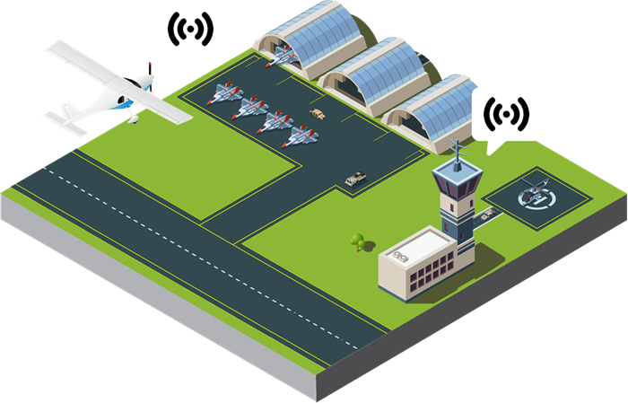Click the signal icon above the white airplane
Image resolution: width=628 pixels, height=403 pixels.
pyautogui.click(x=190, y=31)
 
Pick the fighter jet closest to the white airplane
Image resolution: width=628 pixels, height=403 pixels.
pyautogui.click(x=223, y=93)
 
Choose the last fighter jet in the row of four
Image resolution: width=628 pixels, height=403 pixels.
pyautogui.click(x=300, y=136)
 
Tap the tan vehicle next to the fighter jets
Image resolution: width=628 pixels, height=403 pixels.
pyautogui.click(x=318, y=113)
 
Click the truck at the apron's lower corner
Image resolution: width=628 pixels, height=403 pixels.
pyautogui.click(x=355, y=178)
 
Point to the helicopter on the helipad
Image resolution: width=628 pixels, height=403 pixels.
pyautogui.click(x=536, y=191)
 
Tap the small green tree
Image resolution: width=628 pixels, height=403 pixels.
pyautogui.click(x=358, y=241)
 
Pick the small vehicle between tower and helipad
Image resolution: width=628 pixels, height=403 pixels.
pyautogui.click(x=487, y=214)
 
